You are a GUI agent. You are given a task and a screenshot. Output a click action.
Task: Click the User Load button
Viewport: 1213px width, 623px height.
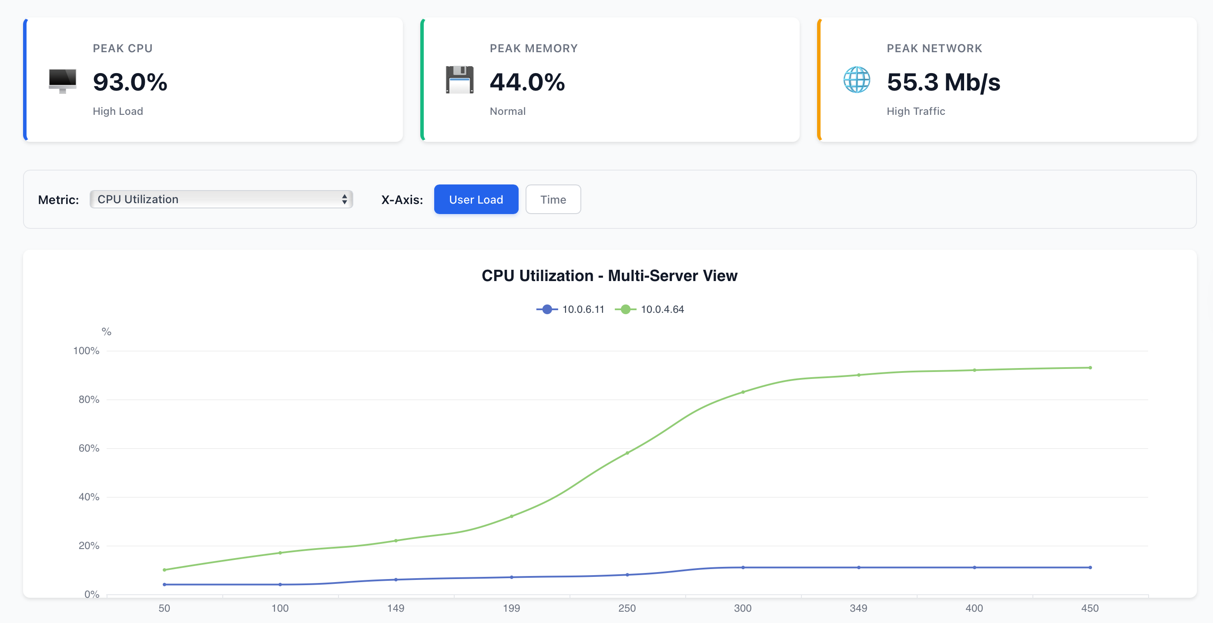[x=476, y=199]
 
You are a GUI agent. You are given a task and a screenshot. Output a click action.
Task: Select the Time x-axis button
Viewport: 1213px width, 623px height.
[x=553, y=199]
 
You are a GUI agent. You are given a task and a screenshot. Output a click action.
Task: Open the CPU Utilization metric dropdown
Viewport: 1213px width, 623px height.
[x=221, y=199]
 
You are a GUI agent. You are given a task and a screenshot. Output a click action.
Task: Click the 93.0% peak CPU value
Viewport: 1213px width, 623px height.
[x=130, y=82]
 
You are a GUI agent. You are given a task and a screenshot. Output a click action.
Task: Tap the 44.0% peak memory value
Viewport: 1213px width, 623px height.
[x=527, y=82]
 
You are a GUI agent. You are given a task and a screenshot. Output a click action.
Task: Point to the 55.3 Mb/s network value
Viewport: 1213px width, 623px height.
[x=943, y=82]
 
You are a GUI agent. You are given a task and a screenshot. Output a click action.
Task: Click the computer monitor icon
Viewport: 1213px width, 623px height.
[x=62, y=80]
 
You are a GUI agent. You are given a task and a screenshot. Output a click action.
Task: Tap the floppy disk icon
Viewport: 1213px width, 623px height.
[x=459, y=80]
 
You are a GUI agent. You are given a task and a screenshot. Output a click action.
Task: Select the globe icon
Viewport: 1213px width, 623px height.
[x=857, y=80]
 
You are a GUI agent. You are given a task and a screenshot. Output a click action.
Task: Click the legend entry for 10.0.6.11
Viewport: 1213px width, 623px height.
[x=570, y=309]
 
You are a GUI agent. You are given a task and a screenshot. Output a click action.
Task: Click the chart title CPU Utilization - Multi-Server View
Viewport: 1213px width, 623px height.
[x=609, y=275]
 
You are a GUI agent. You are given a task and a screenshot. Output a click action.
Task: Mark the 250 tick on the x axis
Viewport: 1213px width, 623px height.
[x=627, y=608]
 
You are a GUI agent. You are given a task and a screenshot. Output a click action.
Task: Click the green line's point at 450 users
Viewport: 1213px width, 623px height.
[x=1090, y=368]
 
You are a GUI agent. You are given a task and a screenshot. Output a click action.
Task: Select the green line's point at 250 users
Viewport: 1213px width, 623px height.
[x=627, y=453]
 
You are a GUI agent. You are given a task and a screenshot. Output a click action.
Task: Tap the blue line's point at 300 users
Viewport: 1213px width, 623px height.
[x=743, y=567]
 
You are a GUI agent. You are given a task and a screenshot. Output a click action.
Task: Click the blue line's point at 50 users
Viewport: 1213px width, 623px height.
[x=164, y=584]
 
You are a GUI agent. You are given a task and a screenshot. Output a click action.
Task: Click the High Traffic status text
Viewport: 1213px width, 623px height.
[x=916, y=111]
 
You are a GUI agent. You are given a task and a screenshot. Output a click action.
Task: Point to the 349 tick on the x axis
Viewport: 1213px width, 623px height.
[x=858, y=608]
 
